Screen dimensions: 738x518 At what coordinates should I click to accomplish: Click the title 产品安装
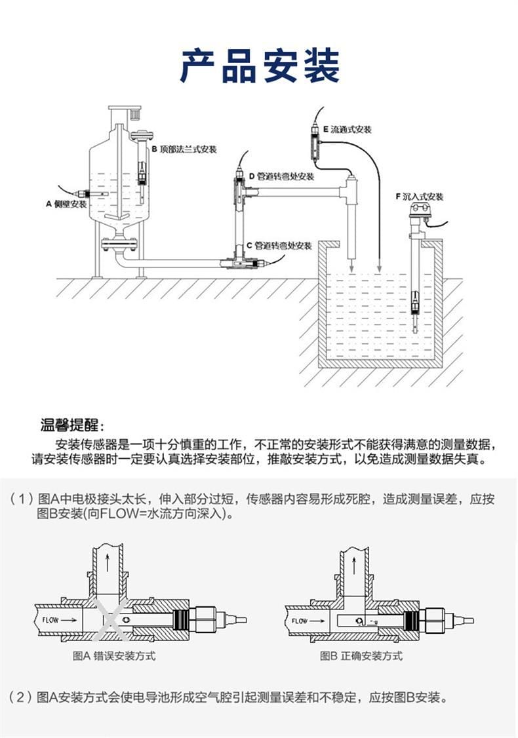tap(260, 66)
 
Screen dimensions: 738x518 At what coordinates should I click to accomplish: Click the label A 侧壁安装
tap(66, 204)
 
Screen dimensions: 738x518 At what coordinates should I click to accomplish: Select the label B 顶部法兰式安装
tap(184, 149)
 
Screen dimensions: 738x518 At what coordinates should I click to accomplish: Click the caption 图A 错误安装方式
tap(114, 655)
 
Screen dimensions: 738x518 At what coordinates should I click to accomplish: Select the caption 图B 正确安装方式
tap(361, 655)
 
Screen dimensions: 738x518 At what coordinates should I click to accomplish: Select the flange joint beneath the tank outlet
tap(119, 246)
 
